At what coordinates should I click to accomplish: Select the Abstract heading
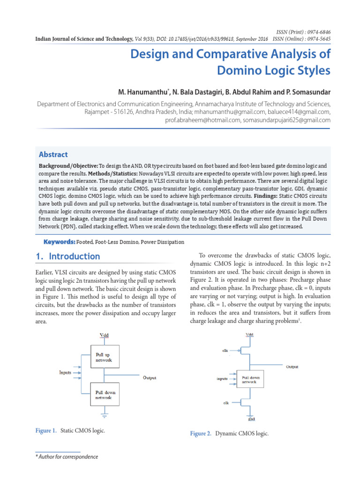(53, 154)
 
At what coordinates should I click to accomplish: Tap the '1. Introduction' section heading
(68, 256)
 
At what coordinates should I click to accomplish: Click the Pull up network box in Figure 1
(104, 358)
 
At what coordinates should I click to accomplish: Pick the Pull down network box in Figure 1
(104, 395)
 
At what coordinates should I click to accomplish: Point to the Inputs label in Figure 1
(66, 373)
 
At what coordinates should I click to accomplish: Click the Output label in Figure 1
(150, 377)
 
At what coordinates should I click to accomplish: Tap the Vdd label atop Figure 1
(104, 335)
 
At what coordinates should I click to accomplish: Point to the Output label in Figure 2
(292, 367)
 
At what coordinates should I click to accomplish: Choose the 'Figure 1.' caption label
(46, 430)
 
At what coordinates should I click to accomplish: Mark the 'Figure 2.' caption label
(201, 434)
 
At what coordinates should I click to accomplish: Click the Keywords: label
(60, 242)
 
